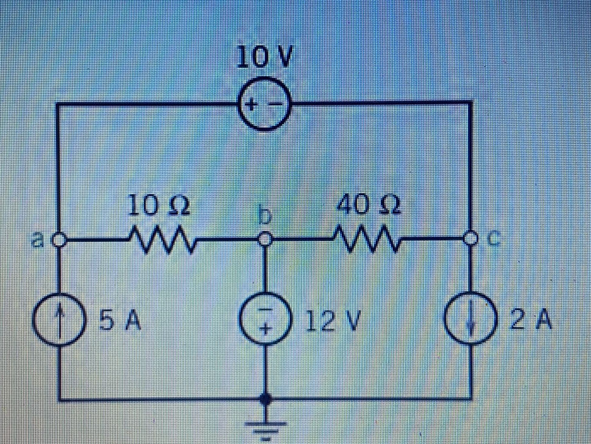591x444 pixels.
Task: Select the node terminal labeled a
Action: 59,240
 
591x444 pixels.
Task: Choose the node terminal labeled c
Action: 471,239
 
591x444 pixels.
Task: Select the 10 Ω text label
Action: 159,205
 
